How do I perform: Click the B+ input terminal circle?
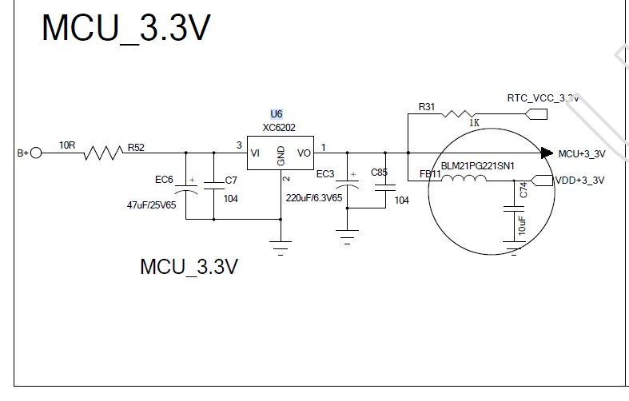pos(36,153)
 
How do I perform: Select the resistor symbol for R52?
pos(103,153)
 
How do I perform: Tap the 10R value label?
pos(67,145)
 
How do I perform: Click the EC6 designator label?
pos(164,180)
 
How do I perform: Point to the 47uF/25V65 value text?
pos(151,205)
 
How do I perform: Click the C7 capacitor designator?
pos(231,181)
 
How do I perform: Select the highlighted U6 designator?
pos(277,114)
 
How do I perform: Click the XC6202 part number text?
pos(279,128)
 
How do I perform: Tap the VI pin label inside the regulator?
pos(255,153)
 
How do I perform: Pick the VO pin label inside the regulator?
pos(304,153)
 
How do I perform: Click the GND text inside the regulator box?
pos(281,156)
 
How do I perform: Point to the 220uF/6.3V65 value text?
pos(314,198)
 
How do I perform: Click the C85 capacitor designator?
pos(379,173)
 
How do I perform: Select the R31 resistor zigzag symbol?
pos(458,114)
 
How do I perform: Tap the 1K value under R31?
pos(474,123)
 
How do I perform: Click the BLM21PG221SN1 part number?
pos(478,166)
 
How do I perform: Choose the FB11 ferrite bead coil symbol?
pos(464,178)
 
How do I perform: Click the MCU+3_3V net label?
pos(582,154)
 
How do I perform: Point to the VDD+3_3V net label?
pos(579,181)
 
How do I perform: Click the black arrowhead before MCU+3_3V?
pos(547,153)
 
